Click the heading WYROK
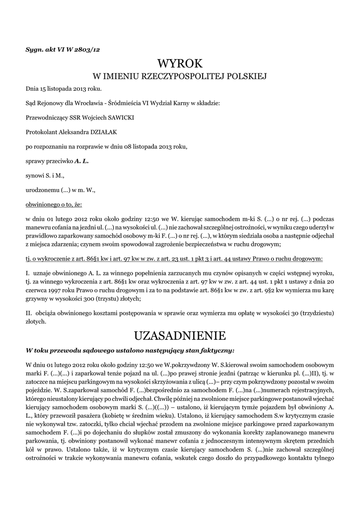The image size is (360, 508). [180, 63]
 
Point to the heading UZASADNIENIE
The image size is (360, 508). [180, 336]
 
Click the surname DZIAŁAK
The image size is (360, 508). [102, 132]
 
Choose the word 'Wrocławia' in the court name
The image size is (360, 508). [87, 103]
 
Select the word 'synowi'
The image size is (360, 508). [34, 175]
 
